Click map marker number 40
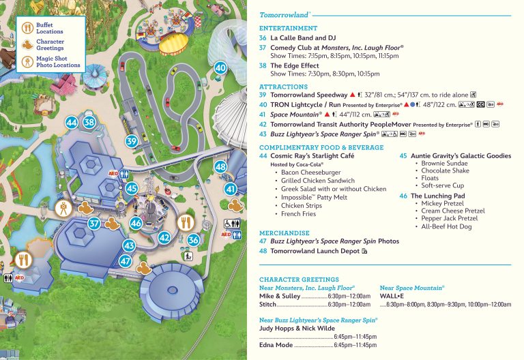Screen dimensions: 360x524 (220, 67)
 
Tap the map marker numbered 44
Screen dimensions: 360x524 (71, 122)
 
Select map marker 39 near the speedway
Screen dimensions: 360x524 (132, 141)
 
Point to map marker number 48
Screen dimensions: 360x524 (220, 166)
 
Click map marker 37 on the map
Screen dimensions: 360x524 (95, 223)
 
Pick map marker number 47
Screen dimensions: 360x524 (125, 260)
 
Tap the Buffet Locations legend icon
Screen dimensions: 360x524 (27, 28)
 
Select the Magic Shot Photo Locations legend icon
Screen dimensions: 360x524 (27, 62)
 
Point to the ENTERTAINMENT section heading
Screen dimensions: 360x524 (288, 28)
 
